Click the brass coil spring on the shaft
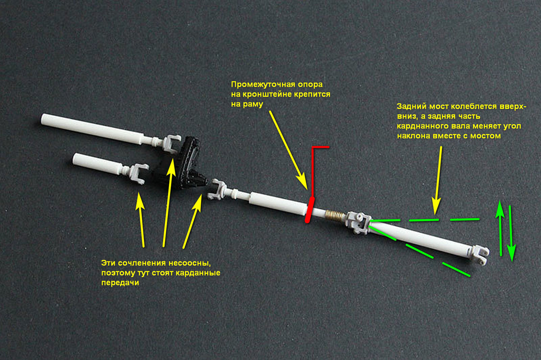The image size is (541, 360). [334, 216]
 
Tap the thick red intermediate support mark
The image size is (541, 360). [310, 210]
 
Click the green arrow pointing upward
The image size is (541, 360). [500, 228]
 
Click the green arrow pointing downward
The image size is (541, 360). [511, 234]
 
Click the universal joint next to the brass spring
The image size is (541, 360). [358, 222]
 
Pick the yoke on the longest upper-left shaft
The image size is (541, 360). [172, 143]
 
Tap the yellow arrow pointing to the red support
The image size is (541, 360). [288, 150]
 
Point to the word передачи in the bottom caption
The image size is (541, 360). [120, 283]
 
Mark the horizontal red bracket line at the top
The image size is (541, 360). [321, 147]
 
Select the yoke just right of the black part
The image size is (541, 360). [217, 189]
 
